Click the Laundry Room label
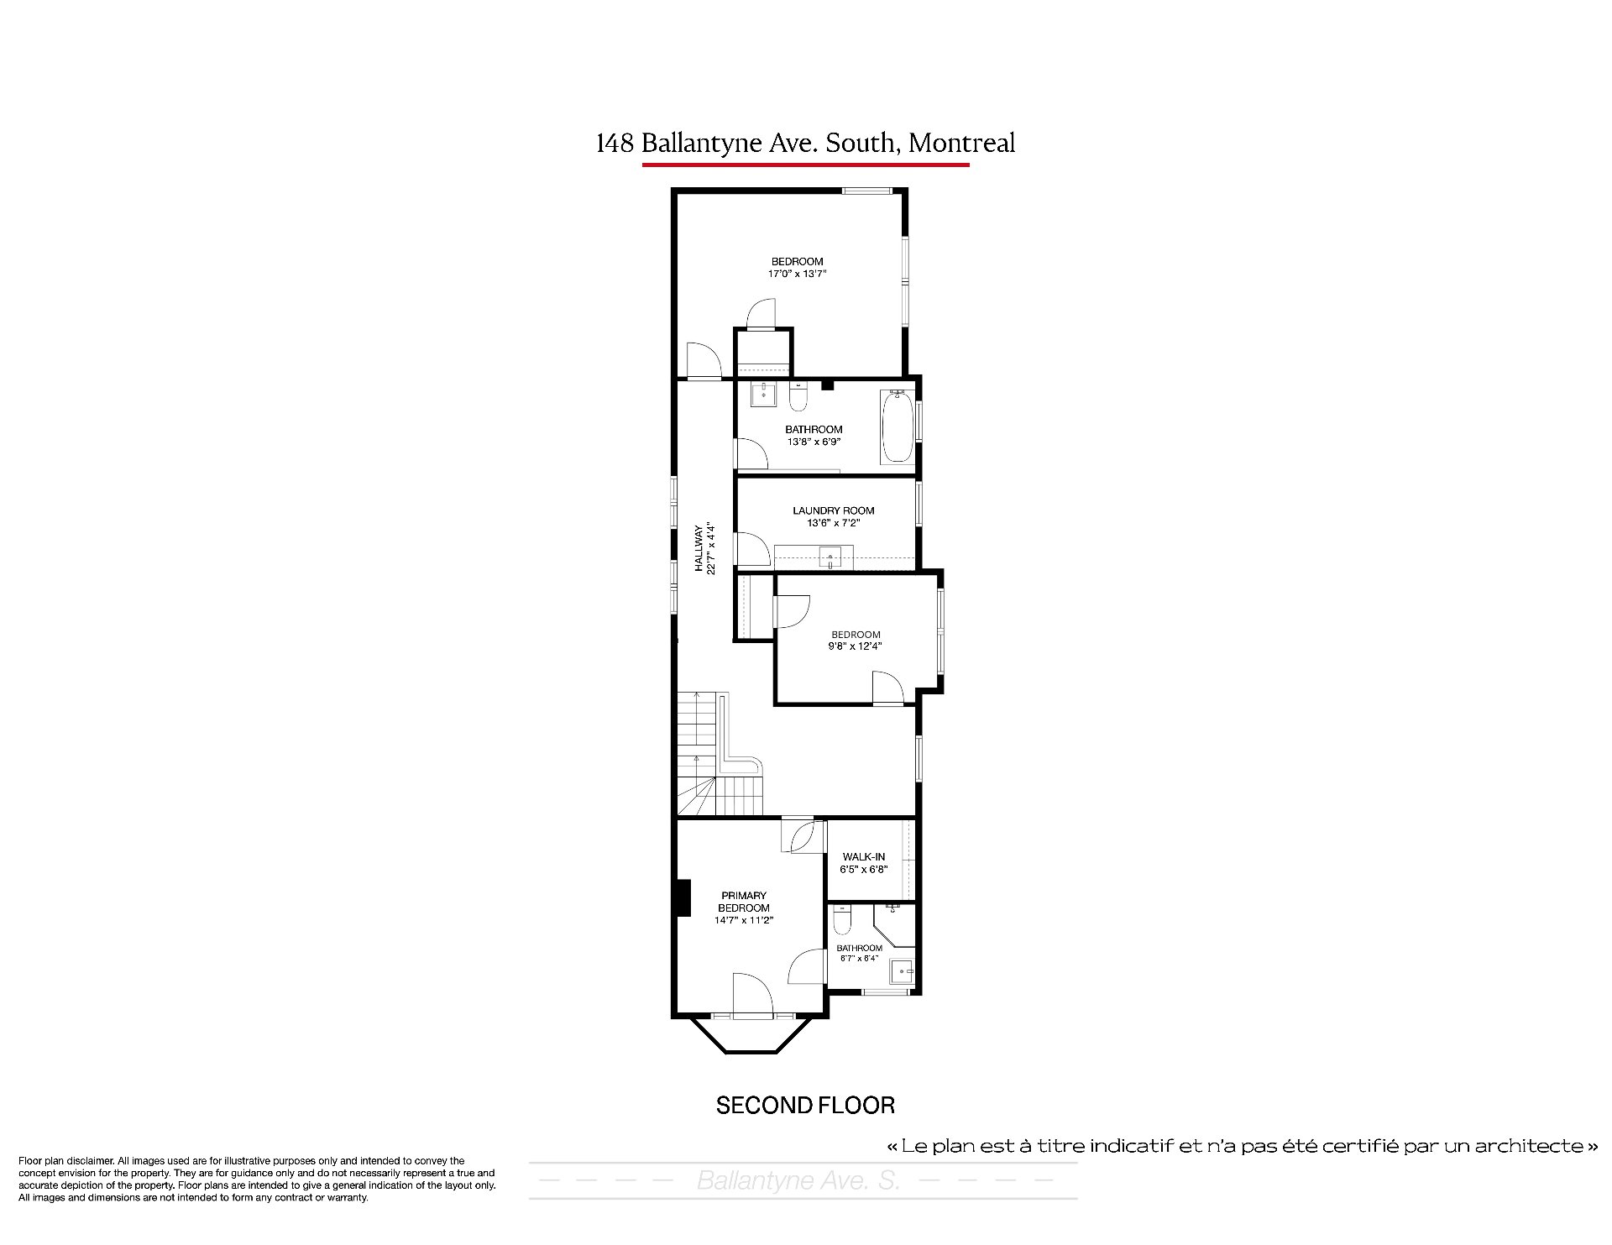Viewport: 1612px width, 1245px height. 833,510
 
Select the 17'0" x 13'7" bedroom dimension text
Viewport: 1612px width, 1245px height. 797,274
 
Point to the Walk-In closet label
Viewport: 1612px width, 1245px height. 863,857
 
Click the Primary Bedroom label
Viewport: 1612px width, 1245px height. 744,902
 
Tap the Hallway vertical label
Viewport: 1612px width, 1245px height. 699,549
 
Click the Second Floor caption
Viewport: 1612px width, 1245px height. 805,1106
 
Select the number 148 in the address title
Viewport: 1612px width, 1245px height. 615,144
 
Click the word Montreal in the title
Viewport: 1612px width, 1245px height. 962,144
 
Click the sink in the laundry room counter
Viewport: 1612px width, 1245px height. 830,557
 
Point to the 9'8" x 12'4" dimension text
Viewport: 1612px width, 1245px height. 855,646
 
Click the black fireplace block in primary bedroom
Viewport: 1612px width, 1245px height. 683,897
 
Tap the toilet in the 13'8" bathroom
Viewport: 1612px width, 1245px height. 798,395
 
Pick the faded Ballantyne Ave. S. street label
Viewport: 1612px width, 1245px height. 798,1181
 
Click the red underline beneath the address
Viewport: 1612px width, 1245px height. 806,165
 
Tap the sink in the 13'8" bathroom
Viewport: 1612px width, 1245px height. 764,394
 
